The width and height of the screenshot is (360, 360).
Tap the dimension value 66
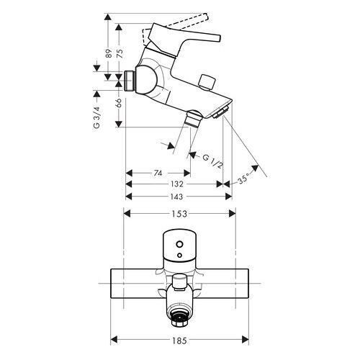click(x=120, y=102)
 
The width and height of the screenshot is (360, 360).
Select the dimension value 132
click(x=175, y=184)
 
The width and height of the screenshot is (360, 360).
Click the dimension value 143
click(x=175, y=196)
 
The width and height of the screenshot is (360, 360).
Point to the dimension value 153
click(x=179, y=213)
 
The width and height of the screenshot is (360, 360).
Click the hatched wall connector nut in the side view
click(x=130, y=81)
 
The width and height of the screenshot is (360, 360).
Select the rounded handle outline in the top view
click(x=179, y=245)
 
